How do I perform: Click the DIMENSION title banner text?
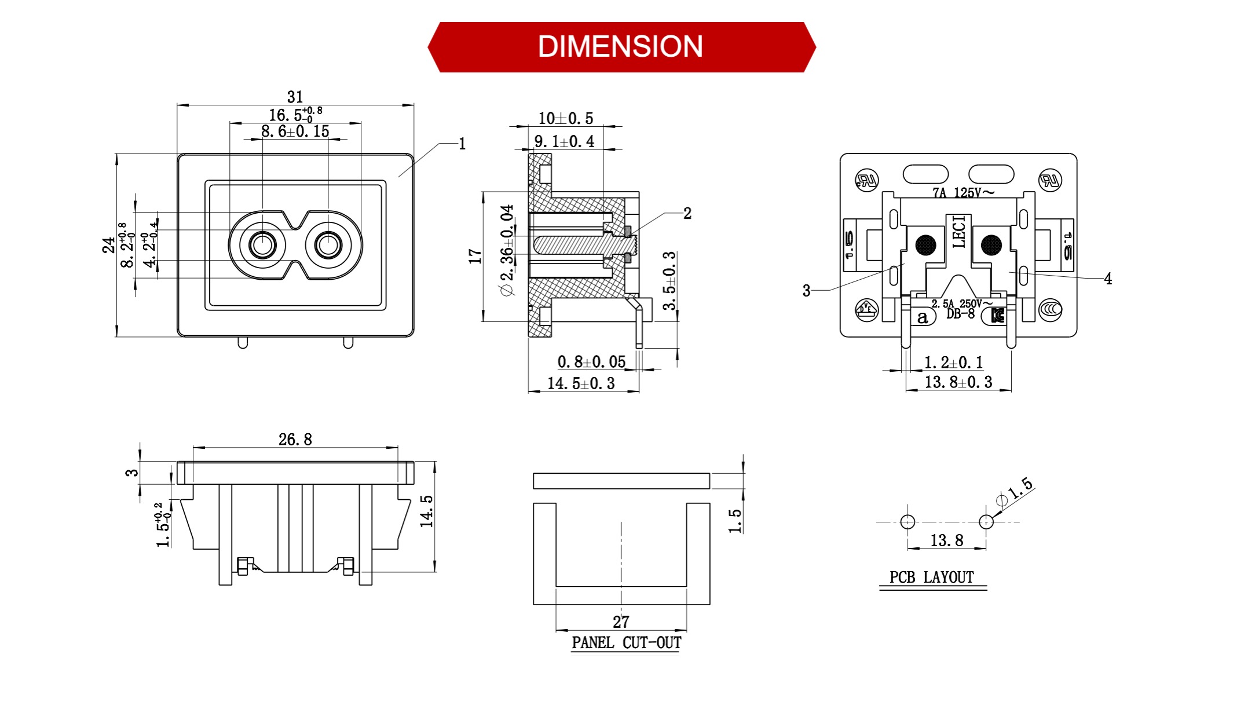click(620, 47)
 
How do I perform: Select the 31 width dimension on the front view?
click(295, 97)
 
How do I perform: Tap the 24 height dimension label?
click(108, 245)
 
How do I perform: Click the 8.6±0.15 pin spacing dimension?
click(295, 131)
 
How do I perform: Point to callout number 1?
click(462, 144)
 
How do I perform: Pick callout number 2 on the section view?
click(687, 214)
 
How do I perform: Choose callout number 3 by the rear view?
click(806, 291)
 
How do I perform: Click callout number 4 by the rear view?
click(1108, 279)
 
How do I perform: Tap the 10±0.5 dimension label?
click(566, 119)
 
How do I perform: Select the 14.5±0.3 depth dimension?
click(581, 383)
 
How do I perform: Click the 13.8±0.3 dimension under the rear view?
click(958, 382)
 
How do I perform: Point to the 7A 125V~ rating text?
click(963, 192)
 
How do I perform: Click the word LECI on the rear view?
click(959, 232)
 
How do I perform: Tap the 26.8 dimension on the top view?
click(295, 440)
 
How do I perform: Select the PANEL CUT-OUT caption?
click(626, 643)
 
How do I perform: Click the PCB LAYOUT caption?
click(931, 577)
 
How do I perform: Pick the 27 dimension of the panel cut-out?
click(621, 622)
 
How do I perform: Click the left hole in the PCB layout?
click(908, 522)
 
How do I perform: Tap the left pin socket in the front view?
click(262, 245)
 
